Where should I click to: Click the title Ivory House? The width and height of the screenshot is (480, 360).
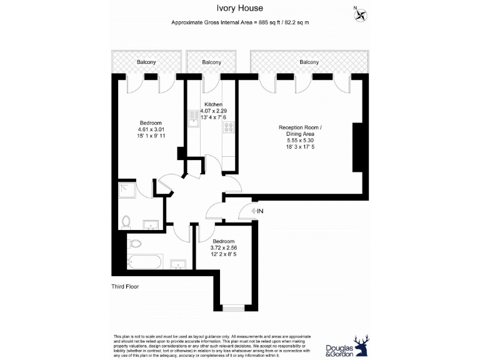point(239,8)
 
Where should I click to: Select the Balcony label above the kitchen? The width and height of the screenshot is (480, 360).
point(211,62)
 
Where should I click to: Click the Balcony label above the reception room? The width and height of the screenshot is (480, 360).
point(309,62)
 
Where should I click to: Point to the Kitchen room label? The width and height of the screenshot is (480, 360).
point(213,104)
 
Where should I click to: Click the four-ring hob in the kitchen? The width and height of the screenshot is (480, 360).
point(228,127)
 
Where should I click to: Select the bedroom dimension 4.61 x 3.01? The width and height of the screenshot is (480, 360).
point(151,129)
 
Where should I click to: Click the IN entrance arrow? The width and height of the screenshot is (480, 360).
point(257,211)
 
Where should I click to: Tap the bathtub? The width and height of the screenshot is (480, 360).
point(144,262)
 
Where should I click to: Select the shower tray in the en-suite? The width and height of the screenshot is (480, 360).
point(127,189)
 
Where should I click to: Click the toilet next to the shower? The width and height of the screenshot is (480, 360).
point(127,221)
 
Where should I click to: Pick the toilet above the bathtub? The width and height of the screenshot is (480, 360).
point(135,243)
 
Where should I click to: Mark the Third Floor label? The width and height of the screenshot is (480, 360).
point(121,287)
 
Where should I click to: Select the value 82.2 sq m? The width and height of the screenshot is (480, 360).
point(296,22)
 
